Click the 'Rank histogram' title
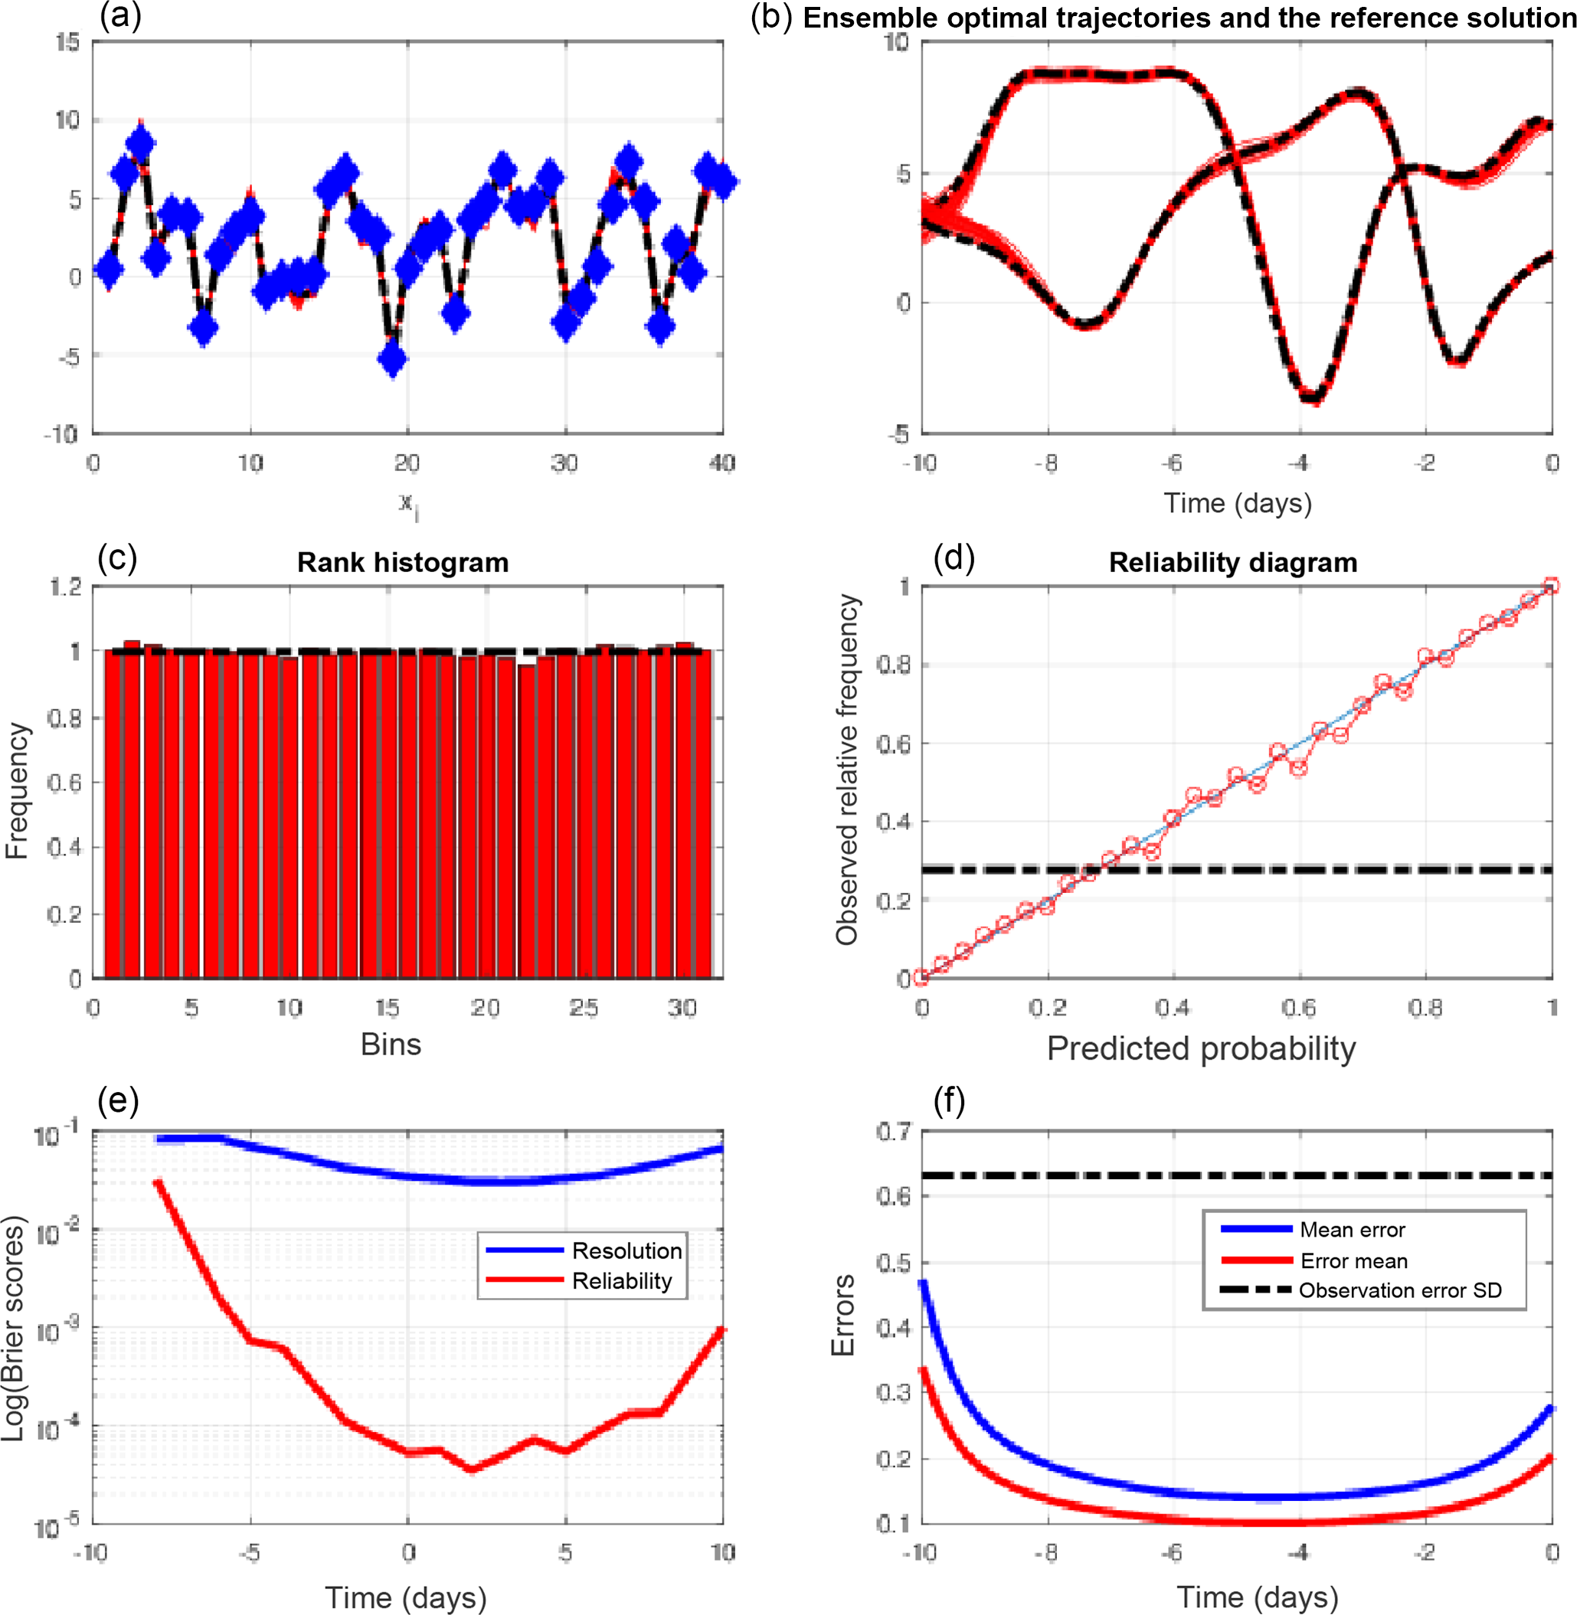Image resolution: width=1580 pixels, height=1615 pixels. pos(403,563)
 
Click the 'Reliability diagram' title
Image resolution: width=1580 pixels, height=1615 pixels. pos(1232,563)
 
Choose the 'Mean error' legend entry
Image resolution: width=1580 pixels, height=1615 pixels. pos(1352,1230)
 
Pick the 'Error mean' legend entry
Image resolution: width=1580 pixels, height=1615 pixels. pos(1353,1261)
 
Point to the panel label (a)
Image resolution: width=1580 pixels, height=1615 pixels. pos(120,16)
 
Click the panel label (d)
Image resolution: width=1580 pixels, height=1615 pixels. pos(954,558)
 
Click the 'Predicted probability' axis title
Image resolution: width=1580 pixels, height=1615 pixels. pos(1201,1049)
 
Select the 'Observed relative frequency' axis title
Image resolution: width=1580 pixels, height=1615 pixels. pos(846,770)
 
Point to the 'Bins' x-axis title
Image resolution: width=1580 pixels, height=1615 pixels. pos(391,1045)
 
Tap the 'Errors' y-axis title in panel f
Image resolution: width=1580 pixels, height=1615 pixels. pos(842,1316)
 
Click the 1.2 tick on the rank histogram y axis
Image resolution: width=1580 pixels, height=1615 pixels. pos(67,587)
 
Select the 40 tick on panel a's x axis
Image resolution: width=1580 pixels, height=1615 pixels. pos(722,463)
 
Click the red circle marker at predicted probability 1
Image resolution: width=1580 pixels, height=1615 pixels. pos(1551,587)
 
